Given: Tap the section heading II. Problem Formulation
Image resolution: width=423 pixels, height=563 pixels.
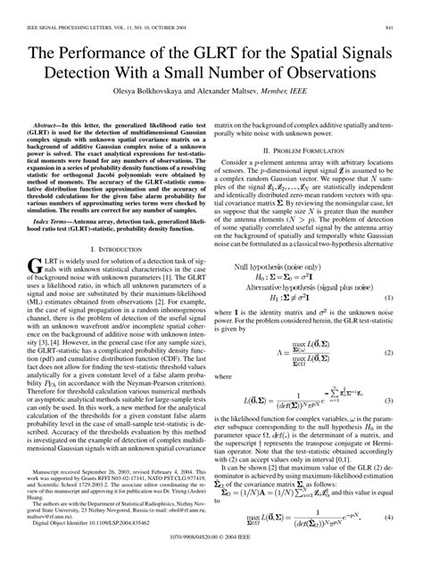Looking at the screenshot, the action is click(316, 151).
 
